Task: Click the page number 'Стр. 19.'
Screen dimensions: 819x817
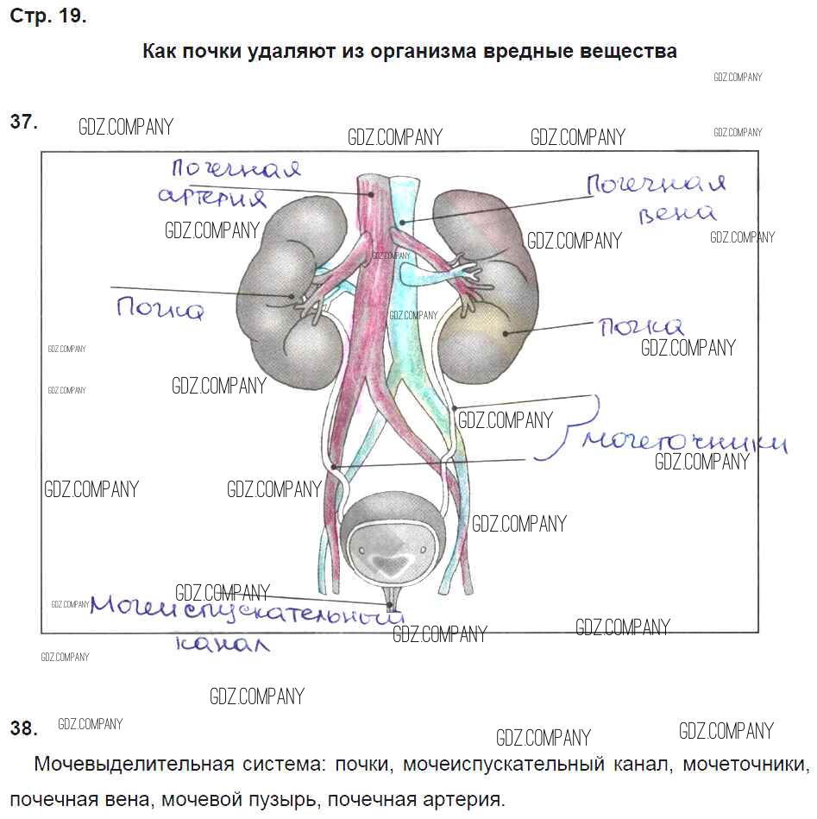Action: (x=48, y=16)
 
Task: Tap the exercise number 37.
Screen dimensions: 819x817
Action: (x=23, y=123)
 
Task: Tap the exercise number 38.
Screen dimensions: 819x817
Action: (x=23, y=728)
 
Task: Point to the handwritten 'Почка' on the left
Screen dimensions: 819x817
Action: (x=160, y=308)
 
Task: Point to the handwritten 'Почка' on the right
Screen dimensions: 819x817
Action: (x=641, y=326)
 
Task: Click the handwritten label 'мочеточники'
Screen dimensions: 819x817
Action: (x=684, y=441)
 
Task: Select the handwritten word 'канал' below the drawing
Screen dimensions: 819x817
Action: (x=222, y=643)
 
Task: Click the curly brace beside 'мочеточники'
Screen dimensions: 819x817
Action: (x=562, y=427)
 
